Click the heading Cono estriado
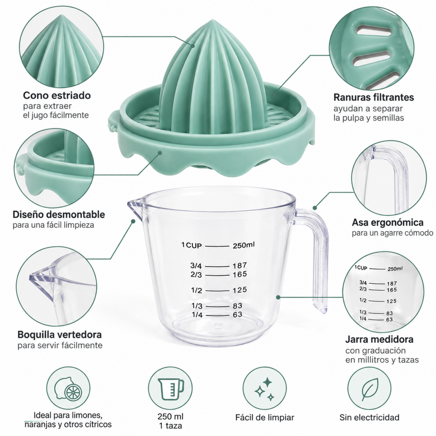57,95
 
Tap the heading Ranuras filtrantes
373,98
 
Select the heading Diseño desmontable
59,215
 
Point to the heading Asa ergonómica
387,222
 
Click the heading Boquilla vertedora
60,334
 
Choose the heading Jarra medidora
379,339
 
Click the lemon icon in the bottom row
69,388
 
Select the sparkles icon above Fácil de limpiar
264,389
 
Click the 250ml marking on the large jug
244,245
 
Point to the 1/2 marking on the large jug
197,290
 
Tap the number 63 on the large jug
238,315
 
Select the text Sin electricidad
369,417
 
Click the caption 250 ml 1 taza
170,421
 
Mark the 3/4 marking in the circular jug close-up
363,283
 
